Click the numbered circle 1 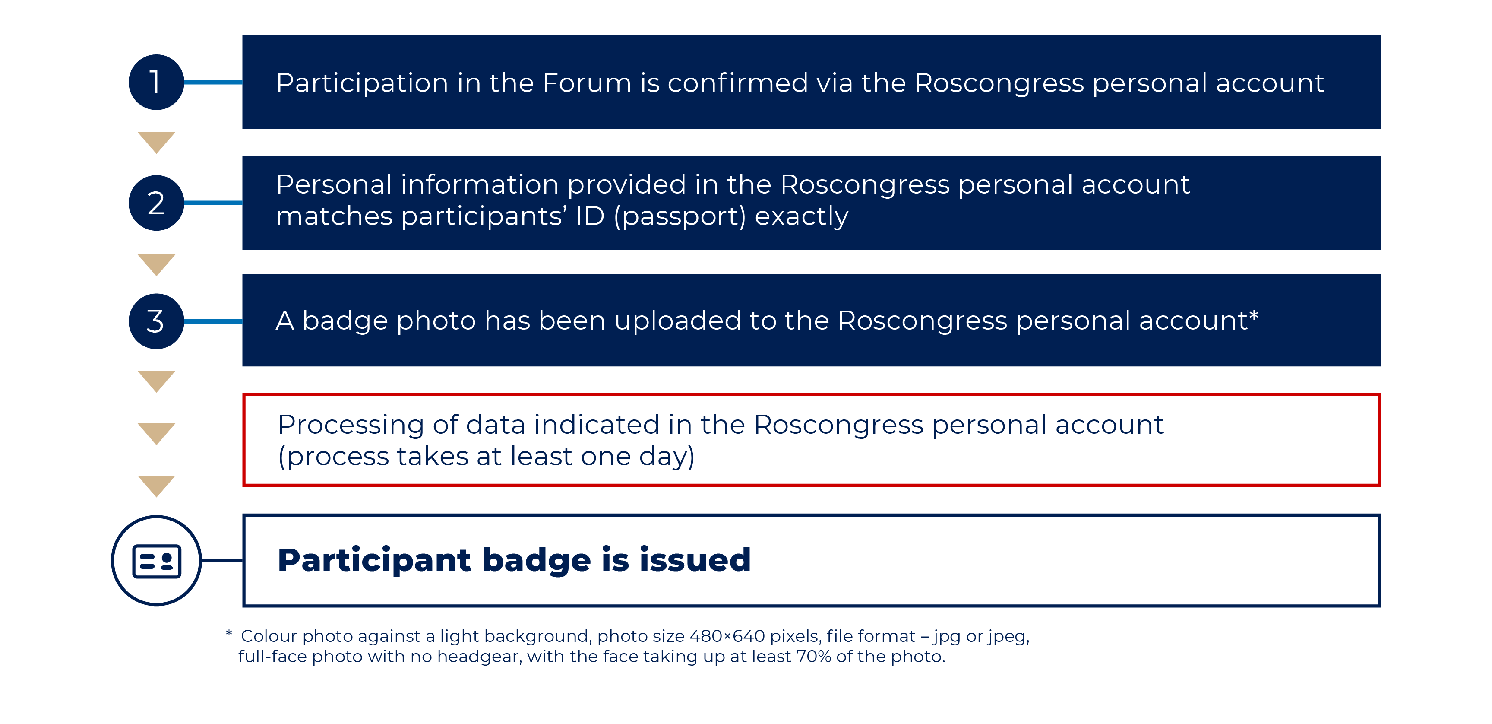[156, 83]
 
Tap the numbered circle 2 [156, 203]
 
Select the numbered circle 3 [156, 321]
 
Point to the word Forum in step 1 [587, 83]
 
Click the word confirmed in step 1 [738, 83]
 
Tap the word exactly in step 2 [802, 217]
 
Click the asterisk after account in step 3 [1254, 315]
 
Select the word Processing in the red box [351, 426]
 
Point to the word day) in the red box [667, 457]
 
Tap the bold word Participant [375, 561]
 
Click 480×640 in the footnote [727, 636]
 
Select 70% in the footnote [814, 657]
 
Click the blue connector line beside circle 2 [213, 203]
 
